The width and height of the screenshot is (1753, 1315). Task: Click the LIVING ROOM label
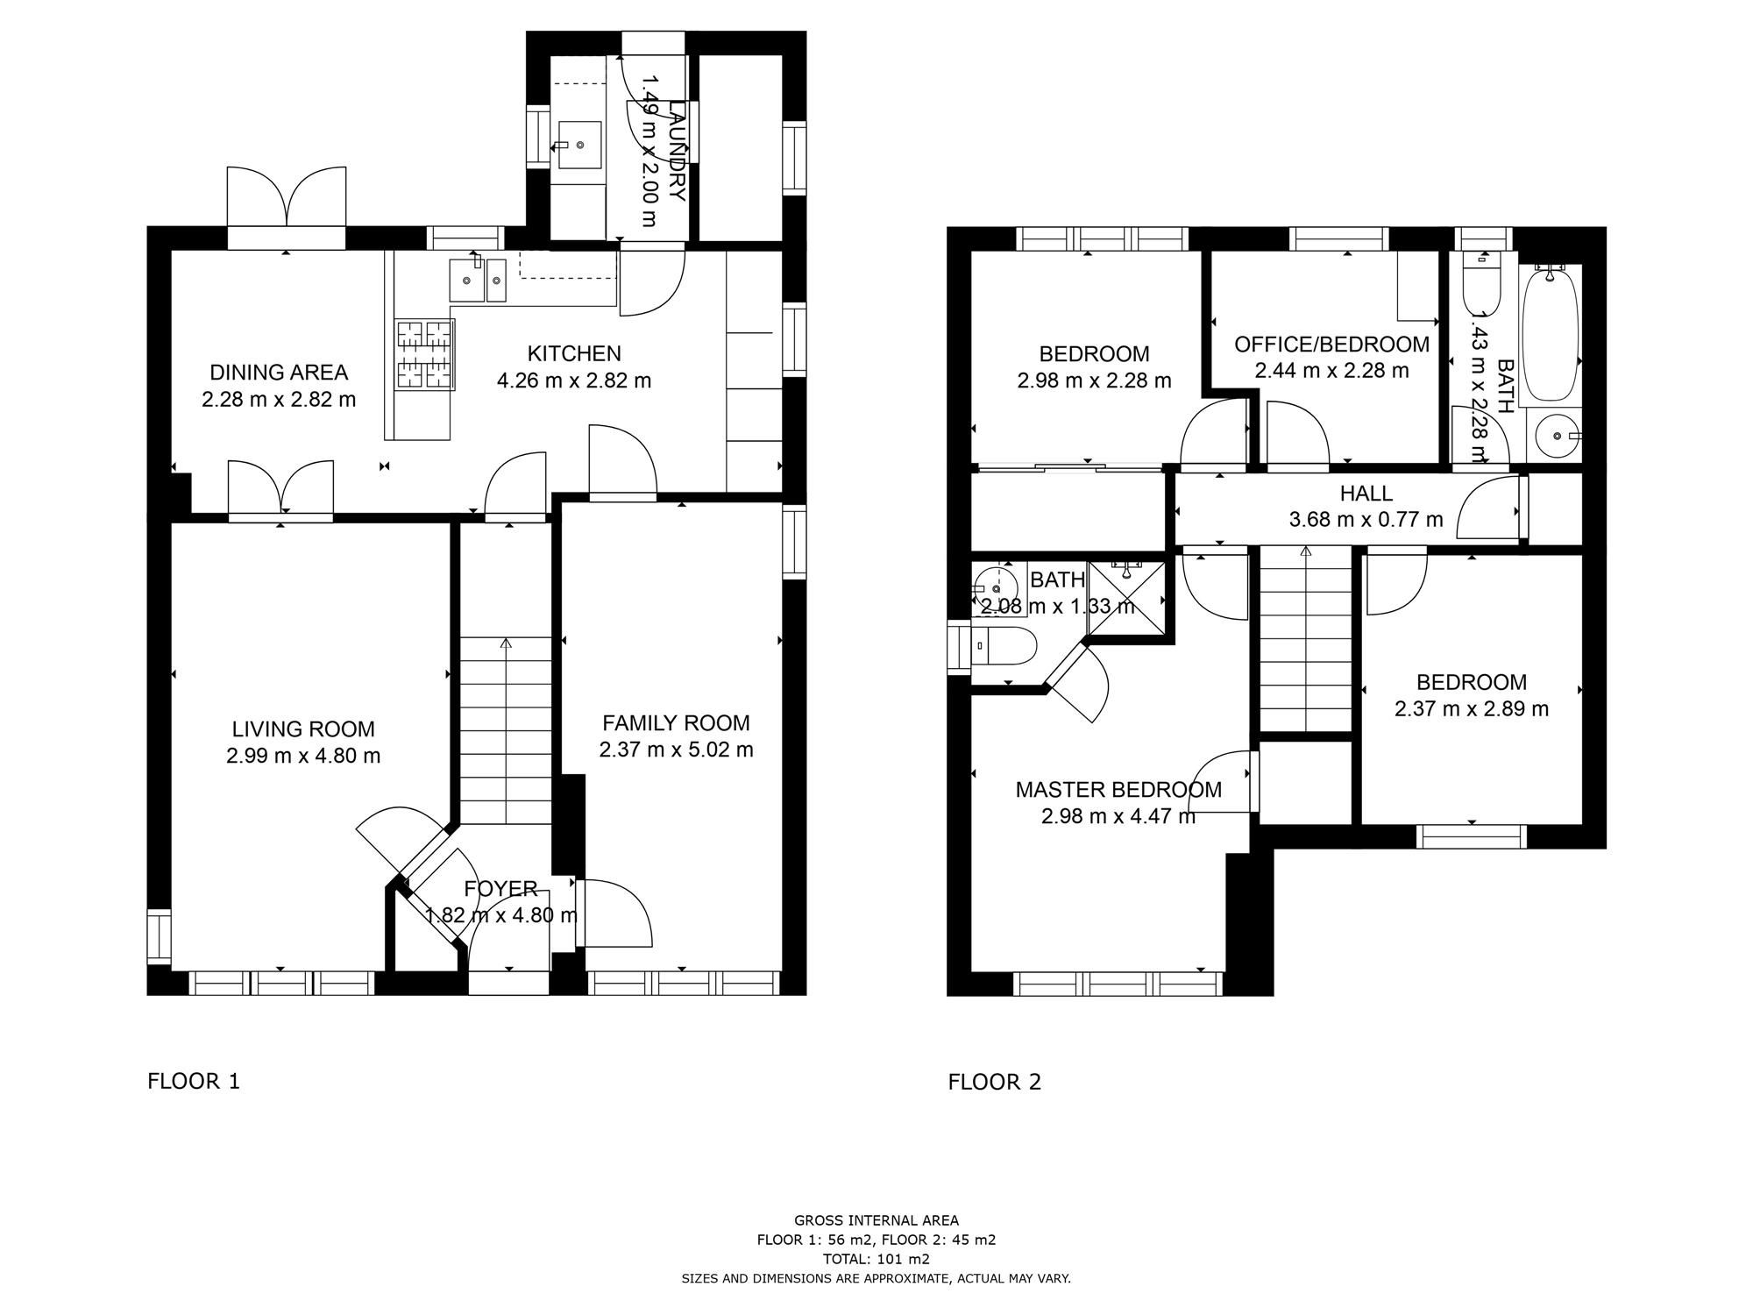pos(303,729)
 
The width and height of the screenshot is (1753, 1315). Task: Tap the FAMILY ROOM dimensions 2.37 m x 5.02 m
pos(676,750)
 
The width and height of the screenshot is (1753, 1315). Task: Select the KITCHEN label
pos(574,353)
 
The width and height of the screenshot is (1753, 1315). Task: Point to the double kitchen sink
pos(478,280)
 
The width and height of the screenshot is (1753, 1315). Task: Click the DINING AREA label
pos(279,372)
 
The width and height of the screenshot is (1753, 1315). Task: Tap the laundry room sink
pos(579,145)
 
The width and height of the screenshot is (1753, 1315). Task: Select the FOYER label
pos(500,889)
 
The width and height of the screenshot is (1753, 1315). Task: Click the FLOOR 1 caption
pos(193,1082)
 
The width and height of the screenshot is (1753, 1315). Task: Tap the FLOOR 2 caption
pos(994,1082)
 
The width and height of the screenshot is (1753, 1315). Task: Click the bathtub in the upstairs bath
pos(1551,335)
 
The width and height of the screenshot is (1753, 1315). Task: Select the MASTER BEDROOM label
pos(1118,790)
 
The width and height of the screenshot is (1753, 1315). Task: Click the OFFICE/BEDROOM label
pos(1331,345)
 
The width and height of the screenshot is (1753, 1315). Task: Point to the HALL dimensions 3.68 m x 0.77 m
pos(1366,520)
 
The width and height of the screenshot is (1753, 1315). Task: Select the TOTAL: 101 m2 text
pos(876,1259)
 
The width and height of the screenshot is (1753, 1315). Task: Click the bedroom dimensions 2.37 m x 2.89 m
pos(1471,709)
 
